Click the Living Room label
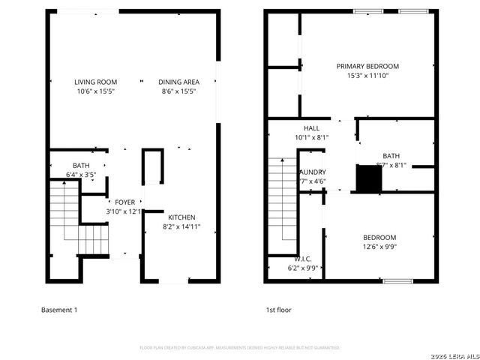95,82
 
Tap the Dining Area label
178,82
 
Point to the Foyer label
124,202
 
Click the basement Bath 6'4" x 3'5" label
81,169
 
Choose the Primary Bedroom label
367,66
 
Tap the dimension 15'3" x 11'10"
367,76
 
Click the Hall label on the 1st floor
311,128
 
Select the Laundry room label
312,172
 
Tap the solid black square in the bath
368,179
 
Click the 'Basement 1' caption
58,310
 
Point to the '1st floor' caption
278,310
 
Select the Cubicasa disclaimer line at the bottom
240,348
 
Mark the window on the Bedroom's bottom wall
397,281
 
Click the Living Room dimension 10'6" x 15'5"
95,91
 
